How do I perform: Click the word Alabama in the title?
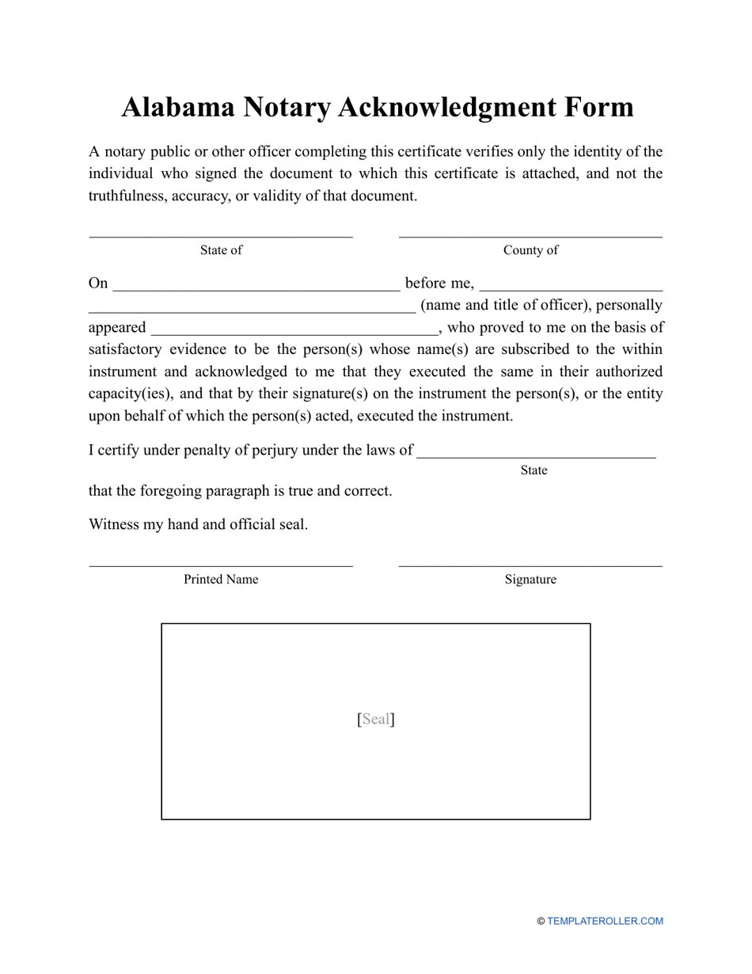point(178,107)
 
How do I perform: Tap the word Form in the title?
point(596,107)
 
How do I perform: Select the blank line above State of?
point(221,235)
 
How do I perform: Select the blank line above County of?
point(530,235)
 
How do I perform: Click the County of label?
point(530,250)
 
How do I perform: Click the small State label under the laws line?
point(534,470)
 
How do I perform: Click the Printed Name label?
point(221,580)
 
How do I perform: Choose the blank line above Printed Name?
point(221,565)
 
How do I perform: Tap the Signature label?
point(530,580)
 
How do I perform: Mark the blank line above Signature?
point(530,565)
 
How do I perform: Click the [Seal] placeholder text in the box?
point(376,719)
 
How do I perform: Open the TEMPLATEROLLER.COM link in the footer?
point(605,921)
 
